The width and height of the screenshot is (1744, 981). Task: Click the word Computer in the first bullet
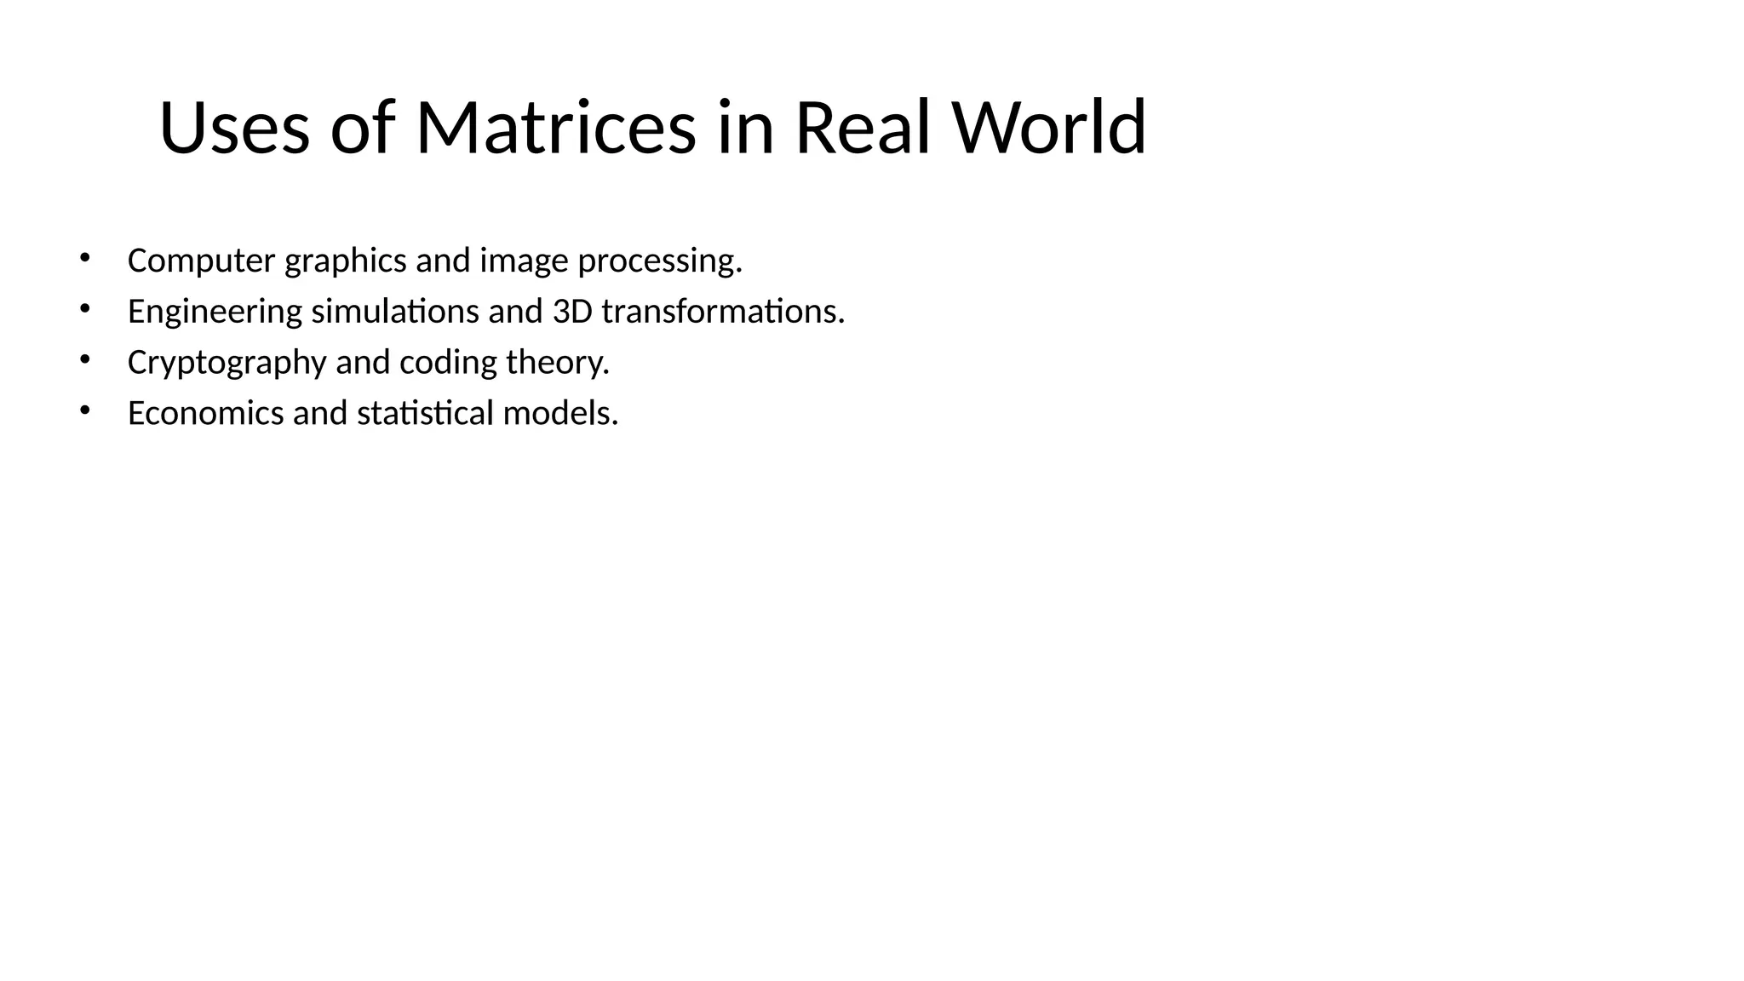[x=202, y=261]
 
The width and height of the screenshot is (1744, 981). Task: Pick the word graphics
[x=346, y=261]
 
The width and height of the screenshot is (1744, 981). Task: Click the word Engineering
[x=215, y=312]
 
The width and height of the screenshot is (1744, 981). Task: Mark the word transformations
[x=723, y=312]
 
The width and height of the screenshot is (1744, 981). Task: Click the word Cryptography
[x=227, y=363]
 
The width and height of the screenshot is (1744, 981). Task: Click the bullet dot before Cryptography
[x=84, y=359]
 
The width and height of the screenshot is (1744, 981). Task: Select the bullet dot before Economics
[x=84, y=410]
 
